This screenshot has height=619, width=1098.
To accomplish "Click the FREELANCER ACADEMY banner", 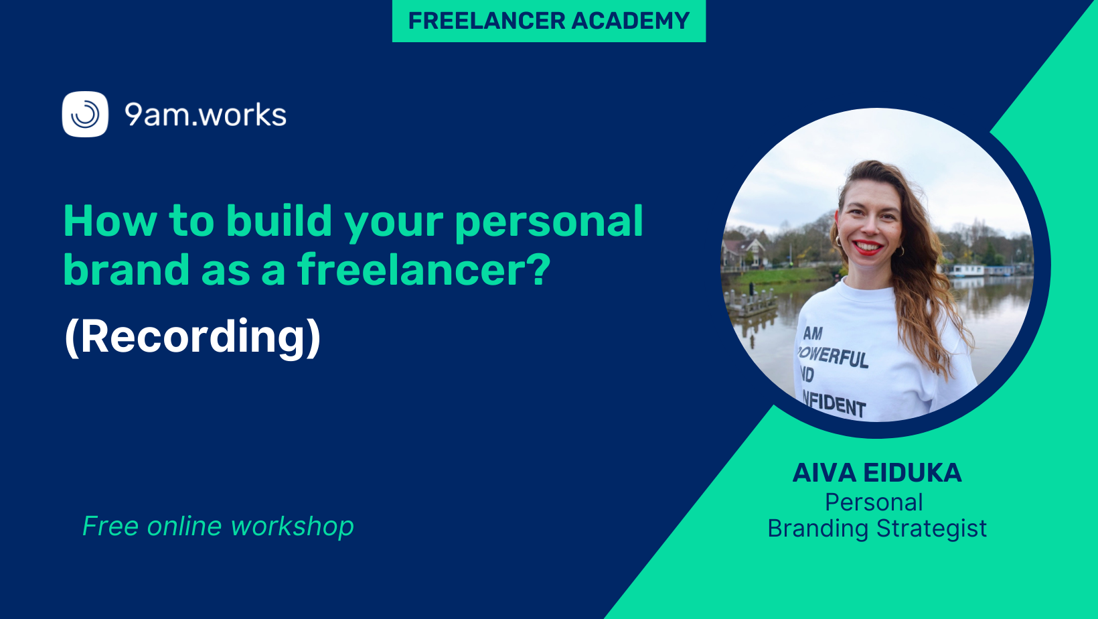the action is coord(548,21).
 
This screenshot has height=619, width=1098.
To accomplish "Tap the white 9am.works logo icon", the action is coord(85,114).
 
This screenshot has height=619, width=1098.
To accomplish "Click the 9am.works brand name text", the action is coord(206,115).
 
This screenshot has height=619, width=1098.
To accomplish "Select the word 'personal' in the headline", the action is coord(549,223).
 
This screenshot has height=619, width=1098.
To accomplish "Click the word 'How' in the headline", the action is coord(110,220).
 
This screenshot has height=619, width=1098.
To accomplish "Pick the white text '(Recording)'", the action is coord(193,337).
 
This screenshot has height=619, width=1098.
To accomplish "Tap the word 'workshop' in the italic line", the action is coord(292,527).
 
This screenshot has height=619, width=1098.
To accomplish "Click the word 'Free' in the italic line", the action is coord(110,527).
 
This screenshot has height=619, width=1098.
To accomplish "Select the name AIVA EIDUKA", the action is coord(877,473).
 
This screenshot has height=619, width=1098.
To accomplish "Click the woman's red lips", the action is coord(867,247).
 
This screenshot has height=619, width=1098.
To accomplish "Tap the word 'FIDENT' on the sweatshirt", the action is coord(835,405).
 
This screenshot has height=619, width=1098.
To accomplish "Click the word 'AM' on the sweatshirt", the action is coord(812,333).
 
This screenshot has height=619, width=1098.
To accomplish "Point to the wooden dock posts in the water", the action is coord(751,301).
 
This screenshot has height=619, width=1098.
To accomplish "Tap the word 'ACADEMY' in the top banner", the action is coord(631,21).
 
